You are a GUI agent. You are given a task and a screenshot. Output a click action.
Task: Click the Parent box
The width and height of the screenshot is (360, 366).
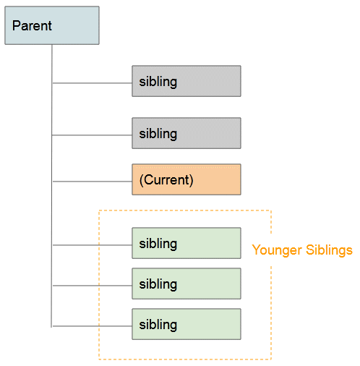coord(52,25)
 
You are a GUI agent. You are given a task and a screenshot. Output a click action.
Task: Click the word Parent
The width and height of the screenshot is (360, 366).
coord(32,25)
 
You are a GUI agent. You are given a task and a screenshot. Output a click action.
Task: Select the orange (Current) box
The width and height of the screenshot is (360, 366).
coord(187,179)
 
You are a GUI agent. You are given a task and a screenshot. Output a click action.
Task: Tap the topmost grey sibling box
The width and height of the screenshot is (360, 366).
coord(187,81)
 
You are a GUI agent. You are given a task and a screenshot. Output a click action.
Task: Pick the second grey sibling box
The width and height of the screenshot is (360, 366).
coord(187,133)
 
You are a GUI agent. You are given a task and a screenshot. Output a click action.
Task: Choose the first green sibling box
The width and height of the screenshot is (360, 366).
coord(187,243)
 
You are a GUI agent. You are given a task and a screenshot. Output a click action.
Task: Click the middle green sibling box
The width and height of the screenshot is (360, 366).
coord(187,284)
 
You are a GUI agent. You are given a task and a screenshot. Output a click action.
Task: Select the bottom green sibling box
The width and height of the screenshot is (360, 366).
coord(187,324)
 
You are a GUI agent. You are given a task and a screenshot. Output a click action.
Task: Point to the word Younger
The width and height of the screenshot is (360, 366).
coord(277,250)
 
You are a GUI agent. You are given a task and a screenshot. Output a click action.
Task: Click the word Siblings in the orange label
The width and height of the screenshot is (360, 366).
coord(329,250)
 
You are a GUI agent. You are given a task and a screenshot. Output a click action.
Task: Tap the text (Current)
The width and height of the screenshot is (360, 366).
coord(166,180)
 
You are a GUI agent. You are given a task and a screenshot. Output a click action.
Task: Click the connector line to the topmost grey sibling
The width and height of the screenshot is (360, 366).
coord(92,83)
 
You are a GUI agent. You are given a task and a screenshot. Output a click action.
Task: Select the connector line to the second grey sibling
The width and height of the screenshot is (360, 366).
coord(92,135)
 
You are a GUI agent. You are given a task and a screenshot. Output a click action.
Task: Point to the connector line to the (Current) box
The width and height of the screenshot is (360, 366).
coord(92,182)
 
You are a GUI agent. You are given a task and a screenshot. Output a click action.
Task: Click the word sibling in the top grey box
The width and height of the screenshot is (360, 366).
coord(158,82)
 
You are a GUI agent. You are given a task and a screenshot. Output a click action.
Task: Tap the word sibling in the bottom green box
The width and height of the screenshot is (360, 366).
coord(158,325)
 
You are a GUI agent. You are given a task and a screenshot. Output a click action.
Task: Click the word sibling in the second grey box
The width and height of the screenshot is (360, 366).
coord(158,134)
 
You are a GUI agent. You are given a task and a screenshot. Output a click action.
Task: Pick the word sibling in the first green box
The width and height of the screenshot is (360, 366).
coord(158,244)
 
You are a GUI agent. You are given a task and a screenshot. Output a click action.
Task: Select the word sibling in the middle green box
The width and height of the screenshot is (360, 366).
coord(158,284)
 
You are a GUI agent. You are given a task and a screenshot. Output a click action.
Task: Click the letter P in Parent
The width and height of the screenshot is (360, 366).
coord(16,25)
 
